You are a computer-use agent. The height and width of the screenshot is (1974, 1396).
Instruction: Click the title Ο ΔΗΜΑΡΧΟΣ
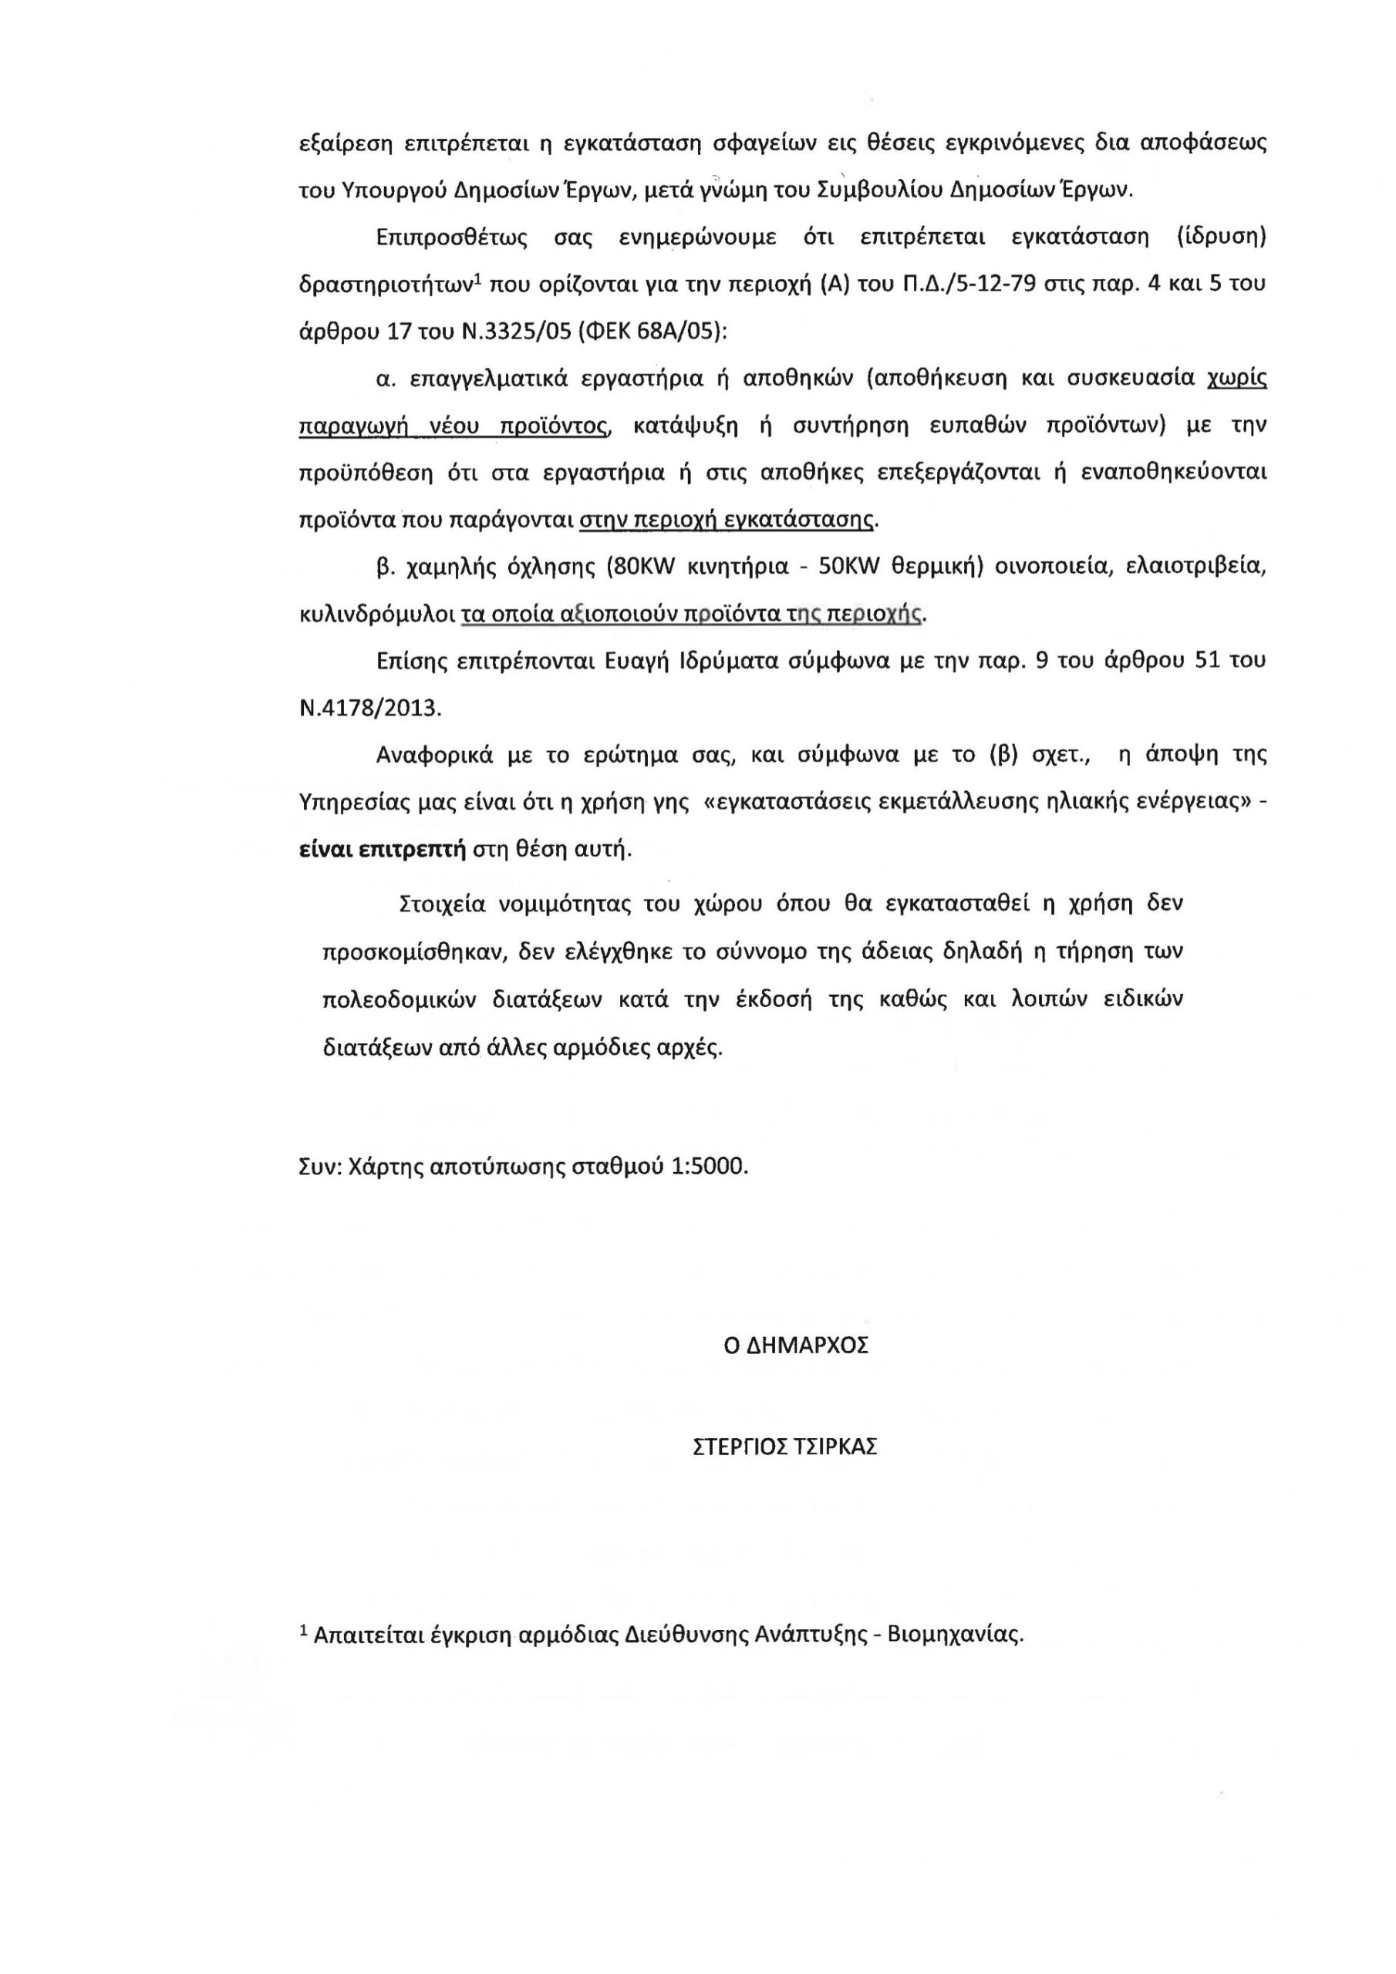[x=796, y=1346]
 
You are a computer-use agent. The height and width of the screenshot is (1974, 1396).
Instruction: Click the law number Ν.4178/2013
[x=369, y=709]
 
